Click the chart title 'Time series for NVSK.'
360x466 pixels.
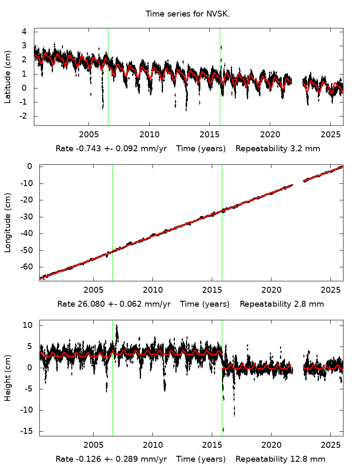pyautogui.click(x=188, y=14)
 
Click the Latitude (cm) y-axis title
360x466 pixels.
pyautogui.click(x=8, y=77)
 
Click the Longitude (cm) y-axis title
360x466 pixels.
pyautogui.click(x=8, y=222)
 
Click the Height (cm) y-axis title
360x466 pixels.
pyautogui.click(x=8, y=378)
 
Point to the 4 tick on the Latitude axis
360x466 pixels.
pyautogui.click(x=25, y=32)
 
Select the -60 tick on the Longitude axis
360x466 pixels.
pyautogui.click(x=27, y=267)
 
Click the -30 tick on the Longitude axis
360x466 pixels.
pyautogui.click(x=27, y=216)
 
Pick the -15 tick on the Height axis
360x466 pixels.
pyautogui.click(x=27, y=431)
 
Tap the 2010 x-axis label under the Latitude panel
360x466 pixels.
pyautogui.click(x=149, y=135)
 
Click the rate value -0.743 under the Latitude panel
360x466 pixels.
pyautogui.click(x=84, y=149)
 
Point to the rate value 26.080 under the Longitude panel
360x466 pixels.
pyautogui.click(x=87, y=304)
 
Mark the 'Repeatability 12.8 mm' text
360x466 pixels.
pyautogui.click(x=280, y=459)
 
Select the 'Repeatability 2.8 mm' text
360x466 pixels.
pyautogui.click(x=282, y=304)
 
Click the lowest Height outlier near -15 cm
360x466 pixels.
pyautogui.click(x=223, y=430)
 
